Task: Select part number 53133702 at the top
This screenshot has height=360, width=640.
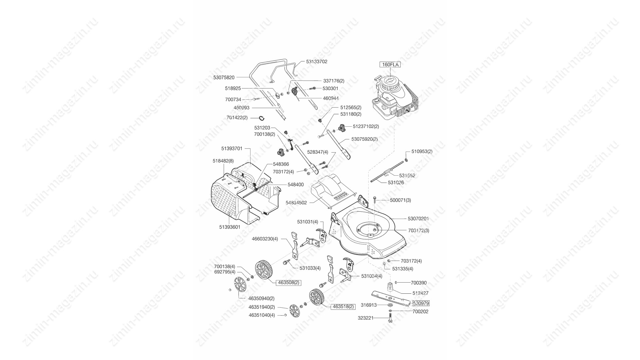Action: tap(317, 62)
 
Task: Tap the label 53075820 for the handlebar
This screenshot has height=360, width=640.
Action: tap(224, 77)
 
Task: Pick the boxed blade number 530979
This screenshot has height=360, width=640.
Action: tap(421, 303)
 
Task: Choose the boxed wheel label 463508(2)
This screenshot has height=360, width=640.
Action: tap(289, 283)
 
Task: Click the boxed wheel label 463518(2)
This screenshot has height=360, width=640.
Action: tap(343, 307)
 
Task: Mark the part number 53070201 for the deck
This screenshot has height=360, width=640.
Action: tap(418, 219)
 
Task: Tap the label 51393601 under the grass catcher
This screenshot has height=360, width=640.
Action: tap(230, 227)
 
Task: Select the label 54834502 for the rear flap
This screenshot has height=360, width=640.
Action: tap(296, 203)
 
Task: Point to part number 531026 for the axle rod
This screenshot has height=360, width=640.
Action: tap(396, 183)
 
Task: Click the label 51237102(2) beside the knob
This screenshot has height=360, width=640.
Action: tap(366, 127)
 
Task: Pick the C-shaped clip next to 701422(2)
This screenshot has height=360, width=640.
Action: tap(262, 118)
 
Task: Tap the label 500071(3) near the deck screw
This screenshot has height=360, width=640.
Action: tap(400, 200)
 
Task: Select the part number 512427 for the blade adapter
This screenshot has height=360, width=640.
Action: tap(421, 293)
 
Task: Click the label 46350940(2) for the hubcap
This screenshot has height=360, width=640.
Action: tap(261, 299)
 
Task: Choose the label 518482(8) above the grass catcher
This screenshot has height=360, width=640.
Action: tap(223, 161)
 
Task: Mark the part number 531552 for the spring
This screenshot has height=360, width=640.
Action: tap(407, 176)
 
